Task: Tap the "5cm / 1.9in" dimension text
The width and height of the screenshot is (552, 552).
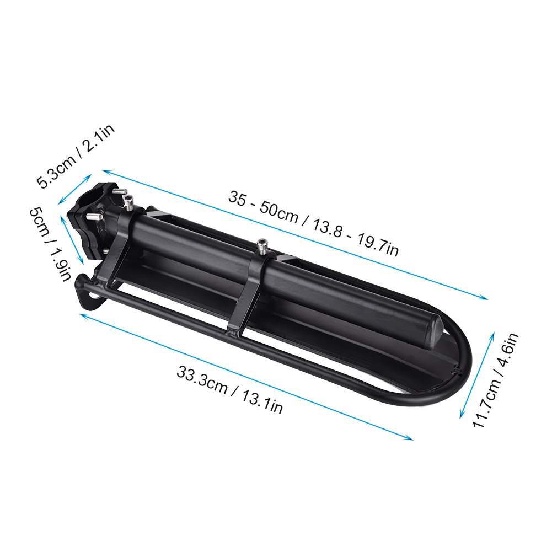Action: pos(50,244)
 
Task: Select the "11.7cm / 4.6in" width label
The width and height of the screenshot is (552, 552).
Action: pos(496,380)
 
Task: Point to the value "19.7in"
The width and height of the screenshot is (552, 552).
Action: pos(378,245)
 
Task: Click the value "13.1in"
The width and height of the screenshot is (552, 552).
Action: pos(262,401)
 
